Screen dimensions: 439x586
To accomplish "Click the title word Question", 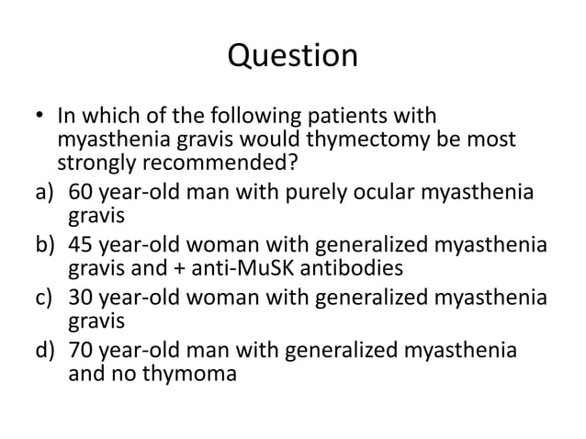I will pyautogui.click(x=292, y=57).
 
